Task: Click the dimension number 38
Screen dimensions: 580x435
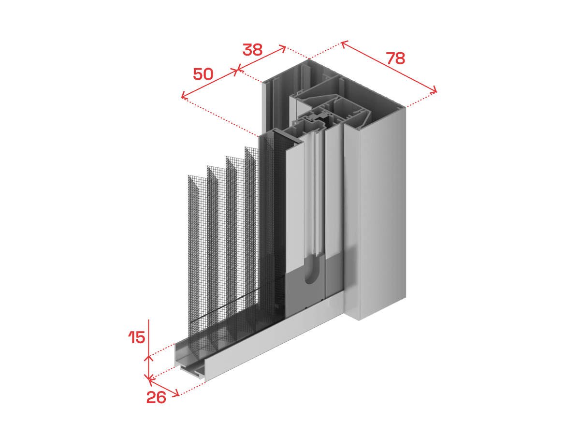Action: point(252,50)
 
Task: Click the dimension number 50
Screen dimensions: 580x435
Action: point(203,74)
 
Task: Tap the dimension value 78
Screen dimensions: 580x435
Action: point(395,58)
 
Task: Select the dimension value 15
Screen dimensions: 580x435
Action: point(137,337)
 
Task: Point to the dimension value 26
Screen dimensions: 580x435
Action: point(156,397)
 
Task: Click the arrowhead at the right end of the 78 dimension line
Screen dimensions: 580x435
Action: point(434,90)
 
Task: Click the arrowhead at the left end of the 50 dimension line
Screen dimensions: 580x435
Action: point(184,96)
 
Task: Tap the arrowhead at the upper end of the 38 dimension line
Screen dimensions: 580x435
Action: point(283,48)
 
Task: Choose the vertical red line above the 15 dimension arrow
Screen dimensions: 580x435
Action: point(149,337)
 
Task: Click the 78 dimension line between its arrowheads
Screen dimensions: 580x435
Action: point(389,67)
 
